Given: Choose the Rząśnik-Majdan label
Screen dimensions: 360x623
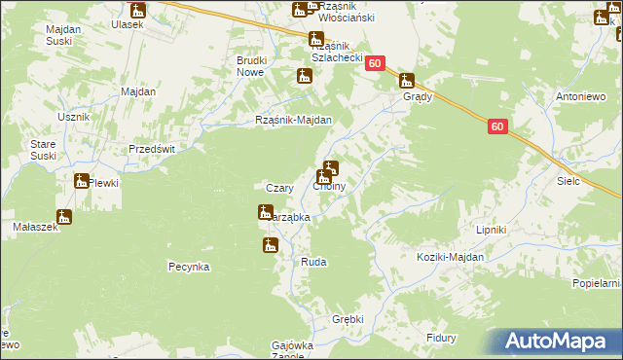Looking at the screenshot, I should tap(293, 121).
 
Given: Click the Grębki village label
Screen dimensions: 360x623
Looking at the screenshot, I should tap(347, 318).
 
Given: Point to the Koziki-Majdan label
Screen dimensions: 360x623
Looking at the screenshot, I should tap(449, 257).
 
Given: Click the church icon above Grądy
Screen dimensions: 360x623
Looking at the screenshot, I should tap(407, 82).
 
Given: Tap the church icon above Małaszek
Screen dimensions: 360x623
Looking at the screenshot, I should tap(64, 217).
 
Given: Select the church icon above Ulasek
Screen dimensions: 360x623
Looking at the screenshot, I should tap(137, 11).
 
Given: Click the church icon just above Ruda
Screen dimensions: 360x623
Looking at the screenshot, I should tap(270, 246).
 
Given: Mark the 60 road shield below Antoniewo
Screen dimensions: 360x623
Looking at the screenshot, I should tap(497, 126).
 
